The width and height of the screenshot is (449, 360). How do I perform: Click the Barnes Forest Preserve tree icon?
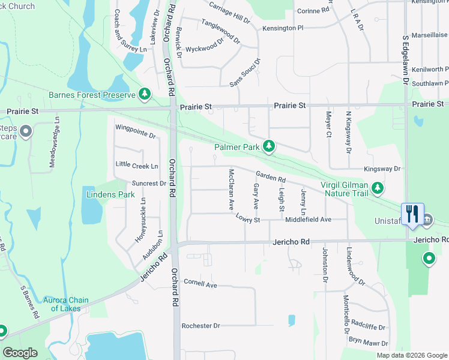pos(145,94)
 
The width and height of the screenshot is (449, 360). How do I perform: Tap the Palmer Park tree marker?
pos(270,146)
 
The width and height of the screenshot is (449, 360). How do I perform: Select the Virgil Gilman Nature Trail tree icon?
pos(378,188)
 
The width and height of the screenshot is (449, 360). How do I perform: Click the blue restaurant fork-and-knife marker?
pos(412,214)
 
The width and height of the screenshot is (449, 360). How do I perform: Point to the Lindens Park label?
pos(110,195)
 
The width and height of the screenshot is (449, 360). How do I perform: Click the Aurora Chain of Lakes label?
pos(66,304)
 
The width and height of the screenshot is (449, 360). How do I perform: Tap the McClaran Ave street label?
pos(231,189)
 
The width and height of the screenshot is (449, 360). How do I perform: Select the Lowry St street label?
pos(248,220)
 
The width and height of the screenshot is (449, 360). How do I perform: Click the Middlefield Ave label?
pos(309,220)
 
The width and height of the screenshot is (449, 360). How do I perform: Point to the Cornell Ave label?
pos(200,283)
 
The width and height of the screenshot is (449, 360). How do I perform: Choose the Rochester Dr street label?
pos(201,326)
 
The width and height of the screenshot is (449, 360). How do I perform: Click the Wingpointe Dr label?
pos(136,131)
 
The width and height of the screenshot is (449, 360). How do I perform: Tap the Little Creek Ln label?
pos(137,165)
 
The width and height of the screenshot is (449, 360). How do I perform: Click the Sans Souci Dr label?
pos(245,73)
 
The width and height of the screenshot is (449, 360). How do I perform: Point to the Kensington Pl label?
pos(283,28)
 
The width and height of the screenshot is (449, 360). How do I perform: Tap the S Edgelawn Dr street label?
pos(406,59)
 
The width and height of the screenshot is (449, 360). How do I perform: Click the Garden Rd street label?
pos(270,177)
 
